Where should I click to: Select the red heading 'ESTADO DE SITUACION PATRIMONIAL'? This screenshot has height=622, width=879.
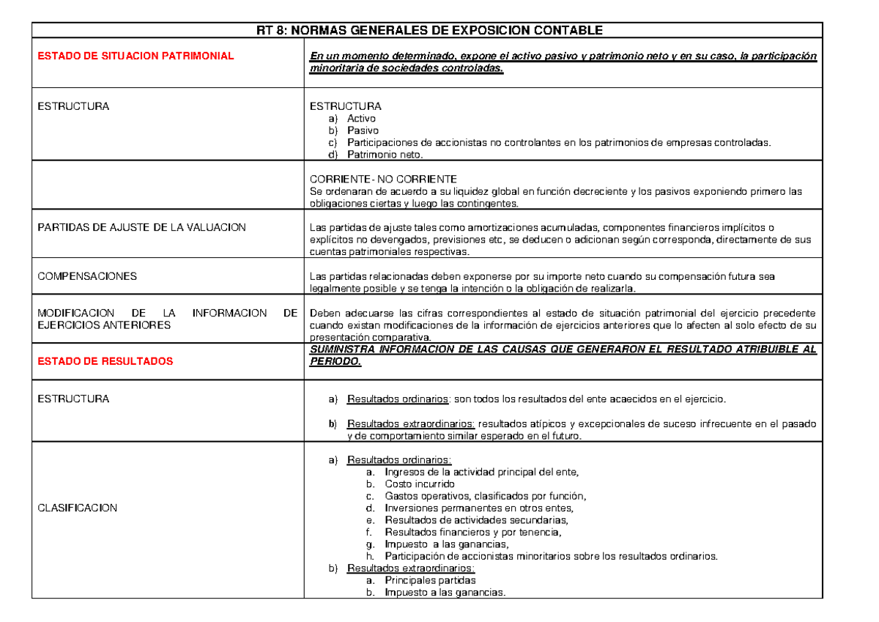click(136, 56)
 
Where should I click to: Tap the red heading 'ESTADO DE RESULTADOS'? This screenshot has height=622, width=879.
click(105, 361)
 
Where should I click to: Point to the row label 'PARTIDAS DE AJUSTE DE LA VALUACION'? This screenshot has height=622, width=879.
click(141, 228)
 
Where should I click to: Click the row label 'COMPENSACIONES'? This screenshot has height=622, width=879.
click(87, 276)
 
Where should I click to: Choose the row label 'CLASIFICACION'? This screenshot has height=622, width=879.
click(77, 508)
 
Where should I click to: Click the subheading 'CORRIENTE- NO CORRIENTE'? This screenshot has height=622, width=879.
click(383, 179)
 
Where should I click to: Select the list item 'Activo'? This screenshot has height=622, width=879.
click(361, 118)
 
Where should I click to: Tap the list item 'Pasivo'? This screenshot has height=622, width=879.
click(363, 130)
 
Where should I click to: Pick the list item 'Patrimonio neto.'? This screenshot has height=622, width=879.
click(385, 155)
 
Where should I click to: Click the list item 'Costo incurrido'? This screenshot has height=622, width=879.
click(420, 484)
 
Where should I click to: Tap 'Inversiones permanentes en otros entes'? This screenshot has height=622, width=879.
click(479, 508)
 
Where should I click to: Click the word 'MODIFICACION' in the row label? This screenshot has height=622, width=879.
click(71, 314)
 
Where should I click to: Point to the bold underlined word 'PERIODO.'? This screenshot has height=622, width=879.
click(335, 362)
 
